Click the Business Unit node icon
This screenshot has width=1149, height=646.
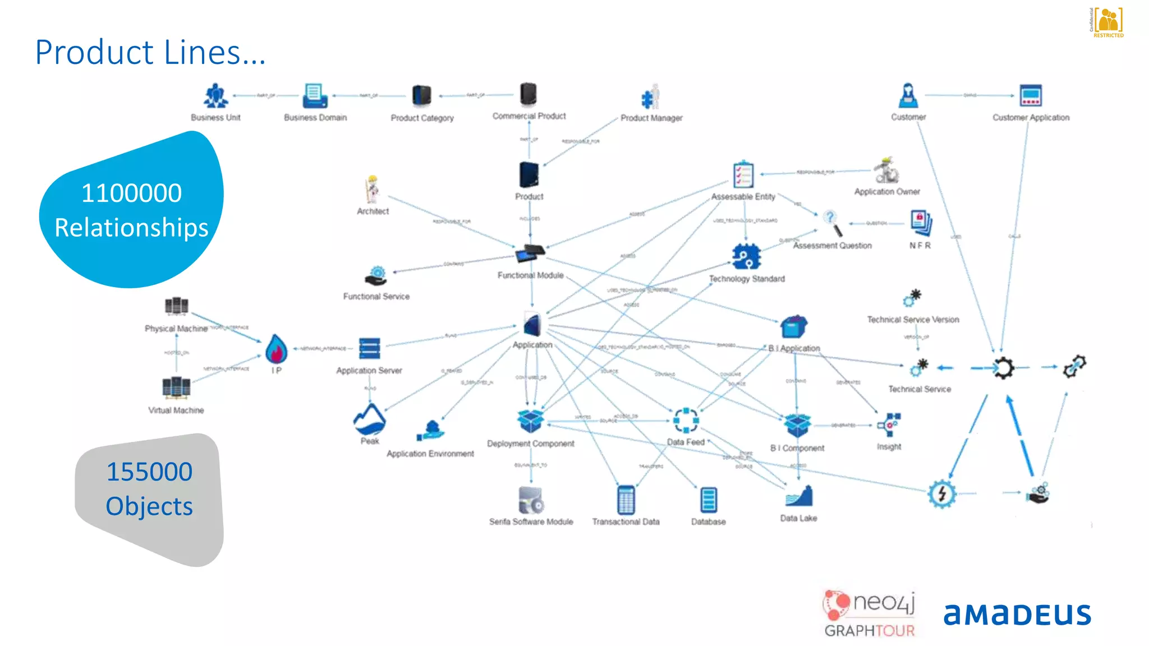tap(215, 96)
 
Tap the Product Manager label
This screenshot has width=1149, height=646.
tap(651, 118)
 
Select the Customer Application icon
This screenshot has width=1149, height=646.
tap(1031, 96)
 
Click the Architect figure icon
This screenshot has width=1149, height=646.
tap(372, 190)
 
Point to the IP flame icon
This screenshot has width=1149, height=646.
tap(276, 349)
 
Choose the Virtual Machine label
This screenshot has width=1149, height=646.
tap(176, 410)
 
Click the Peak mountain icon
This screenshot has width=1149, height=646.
tap(369, 419)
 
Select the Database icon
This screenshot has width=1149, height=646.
tap(709, 500)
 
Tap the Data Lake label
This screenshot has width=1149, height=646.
tap(798, 518)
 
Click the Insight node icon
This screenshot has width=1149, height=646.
tap(889, 425)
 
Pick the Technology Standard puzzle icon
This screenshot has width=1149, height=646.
tap(746, 257)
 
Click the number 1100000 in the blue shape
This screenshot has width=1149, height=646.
tap(132, 193)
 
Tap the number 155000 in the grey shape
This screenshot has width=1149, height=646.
tap(149, 472)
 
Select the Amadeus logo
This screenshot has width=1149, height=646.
tap(1017, 615)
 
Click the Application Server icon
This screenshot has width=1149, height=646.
tap(369, 348)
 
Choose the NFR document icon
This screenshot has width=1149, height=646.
tap(921, 223)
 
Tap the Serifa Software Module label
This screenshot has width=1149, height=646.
tap(531, 522)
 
